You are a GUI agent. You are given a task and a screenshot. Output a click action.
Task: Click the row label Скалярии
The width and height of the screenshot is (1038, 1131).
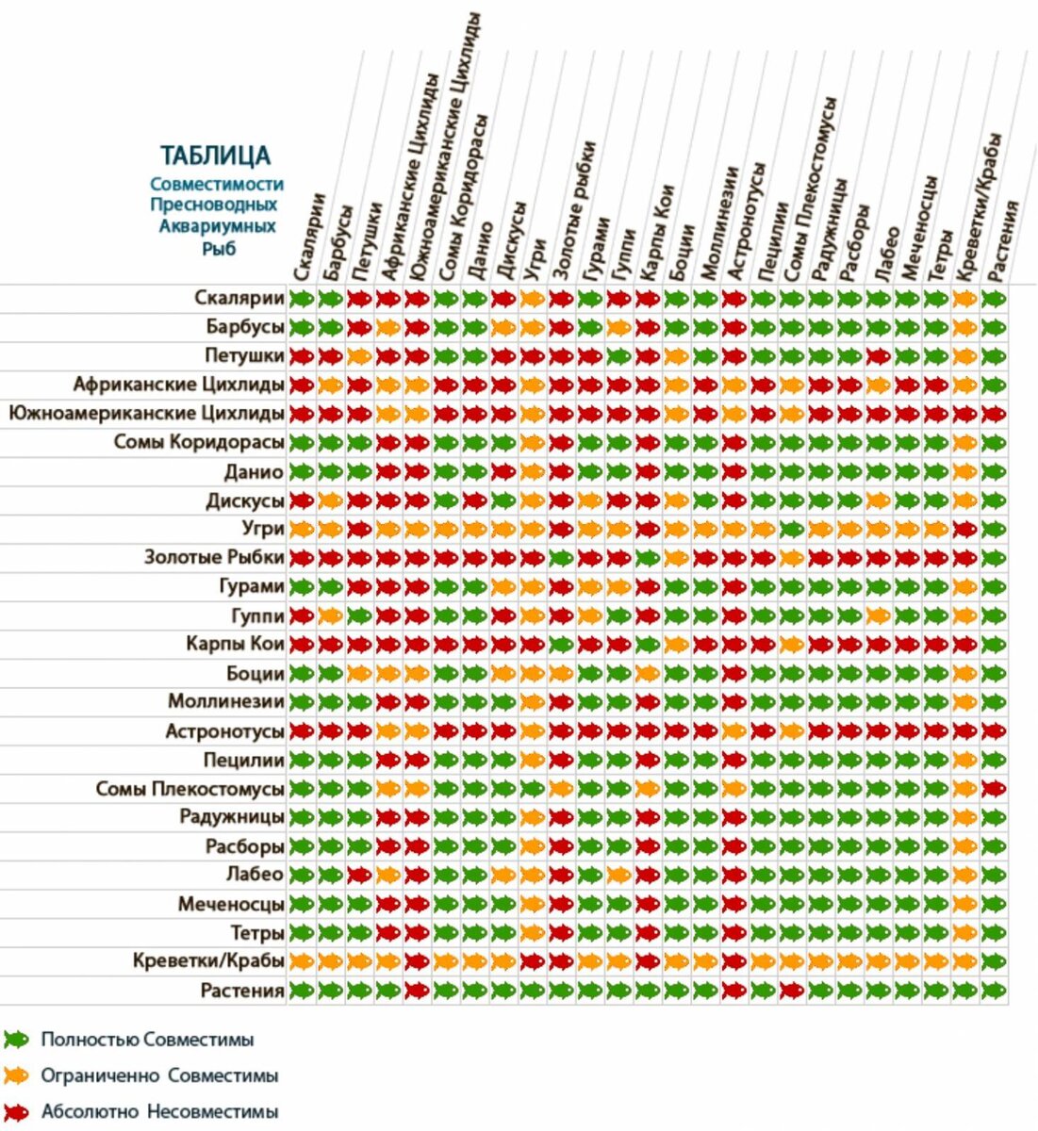tap(239, 299)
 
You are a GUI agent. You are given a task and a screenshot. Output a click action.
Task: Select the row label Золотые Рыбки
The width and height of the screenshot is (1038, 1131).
tap(213, 557)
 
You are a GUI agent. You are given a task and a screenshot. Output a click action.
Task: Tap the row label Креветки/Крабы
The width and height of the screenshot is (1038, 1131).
tap(208, 961)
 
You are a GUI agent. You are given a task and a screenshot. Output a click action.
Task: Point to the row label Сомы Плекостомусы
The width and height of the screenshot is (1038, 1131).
tap(189, 788)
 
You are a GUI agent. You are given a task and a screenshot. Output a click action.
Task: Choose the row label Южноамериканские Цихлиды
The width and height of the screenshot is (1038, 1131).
tap(146, 413)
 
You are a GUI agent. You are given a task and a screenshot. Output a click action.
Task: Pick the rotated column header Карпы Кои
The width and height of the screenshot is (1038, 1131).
tap(656, 232)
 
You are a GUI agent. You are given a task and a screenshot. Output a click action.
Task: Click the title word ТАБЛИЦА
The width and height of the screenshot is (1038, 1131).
tap(215, 156)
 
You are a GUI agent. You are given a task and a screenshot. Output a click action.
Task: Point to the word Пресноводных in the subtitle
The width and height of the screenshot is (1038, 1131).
tap(214, 205)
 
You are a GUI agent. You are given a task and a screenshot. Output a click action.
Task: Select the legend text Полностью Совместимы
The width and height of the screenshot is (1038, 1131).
tap(147, 1041)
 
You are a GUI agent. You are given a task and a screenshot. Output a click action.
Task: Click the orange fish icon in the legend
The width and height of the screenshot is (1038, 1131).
tap(16, 1075)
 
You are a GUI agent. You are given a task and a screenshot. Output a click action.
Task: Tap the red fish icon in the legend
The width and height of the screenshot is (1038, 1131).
tap(16, 1112)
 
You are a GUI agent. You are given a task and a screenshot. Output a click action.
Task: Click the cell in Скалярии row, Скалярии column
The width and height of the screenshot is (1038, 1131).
tap(302, 299)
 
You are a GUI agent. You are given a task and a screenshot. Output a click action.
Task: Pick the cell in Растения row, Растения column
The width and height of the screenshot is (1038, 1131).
tap(994, 991)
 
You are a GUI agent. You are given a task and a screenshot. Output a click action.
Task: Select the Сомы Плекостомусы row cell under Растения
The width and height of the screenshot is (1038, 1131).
tap(994, 788)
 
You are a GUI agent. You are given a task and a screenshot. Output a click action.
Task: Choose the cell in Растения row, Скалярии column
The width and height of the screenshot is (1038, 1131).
tap(302, 991)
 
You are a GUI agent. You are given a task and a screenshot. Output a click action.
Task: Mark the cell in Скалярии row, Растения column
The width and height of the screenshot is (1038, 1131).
tap(994, 299)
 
